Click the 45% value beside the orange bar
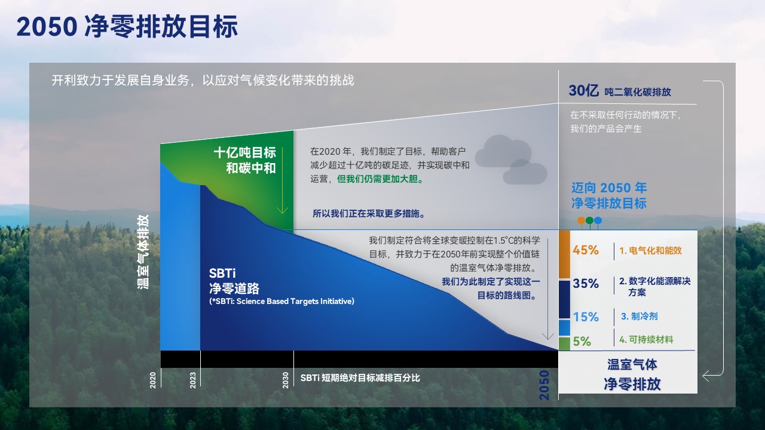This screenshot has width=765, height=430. pos(585,250)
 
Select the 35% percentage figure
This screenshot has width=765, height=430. pos(585,283)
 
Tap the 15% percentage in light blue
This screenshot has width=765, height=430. pos(585,317)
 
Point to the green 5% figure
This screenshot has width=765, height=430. pos(582,341)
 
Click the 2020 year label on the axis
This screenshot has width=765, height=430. pos(153,380)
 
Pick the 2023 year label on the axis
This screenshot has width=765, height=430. pos(193,380)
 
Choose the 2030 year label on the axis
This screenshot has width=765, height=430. pos(286,380)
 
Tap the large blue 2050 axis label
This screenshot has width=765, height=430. pos(544,385)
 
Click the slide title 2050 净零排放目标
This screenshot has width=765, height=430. pos(127,27)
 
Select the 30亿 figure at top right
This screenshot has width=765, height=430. pos(583,91)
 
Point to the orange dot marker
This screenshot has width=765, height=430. pos(581,220)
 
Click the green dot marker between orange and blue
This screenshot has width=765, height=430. pos(589,220)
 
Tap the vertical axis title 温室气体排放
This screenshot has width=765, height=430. pos(143,252)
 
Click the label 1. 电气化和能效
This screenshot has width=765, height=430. pos(650,251)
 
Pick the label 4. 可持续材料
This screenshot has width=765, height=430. pos(646,340)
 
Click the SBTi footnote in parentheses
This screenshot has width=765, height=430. pos(281,302)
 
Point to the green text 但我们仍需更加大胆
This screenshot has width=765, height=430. pos(380,179)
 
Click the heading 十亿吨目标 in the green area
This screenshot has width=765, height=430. pos(245,152)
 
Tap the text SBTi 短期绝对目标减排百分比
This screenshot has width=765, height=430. pos(360,378)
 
